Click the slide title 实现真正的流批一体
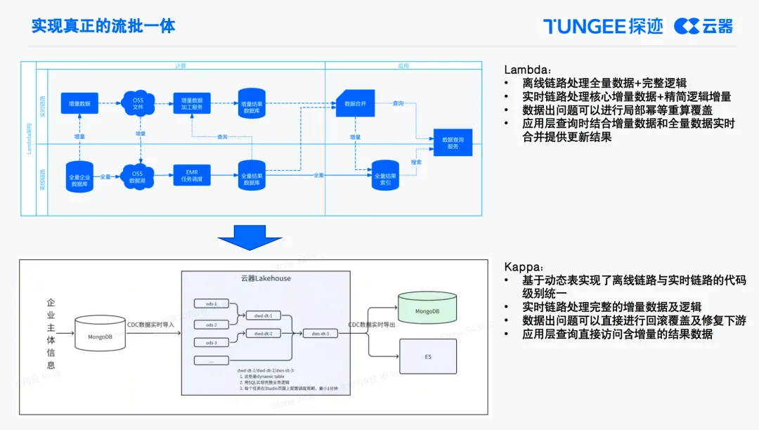tap(103, 26)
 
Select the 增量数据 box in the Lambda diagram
tap(80, 103)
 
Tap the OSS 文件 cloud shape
tap(138, 103)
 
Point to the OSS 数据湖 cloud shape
tap(137, 176)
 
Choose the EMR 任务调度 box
tap(192, 176)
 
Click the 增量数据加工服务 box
tap(192, 103)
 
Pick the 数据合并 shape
tap(355, 103)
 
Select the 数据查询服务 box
tap(452, 143)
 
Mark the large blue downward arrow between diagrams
tap(249, 237)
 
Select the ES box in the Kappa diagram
tap(427, 356)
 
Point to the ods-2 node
tap(212, 325)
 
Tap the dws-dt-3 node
tap(320, 333)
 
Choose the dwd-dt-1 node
tap(263, 315)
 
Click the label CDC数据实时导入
tap(150, 324)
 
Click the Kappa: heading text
tap(523, 268)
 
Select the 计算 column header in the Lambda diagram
tap(181, 65)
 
